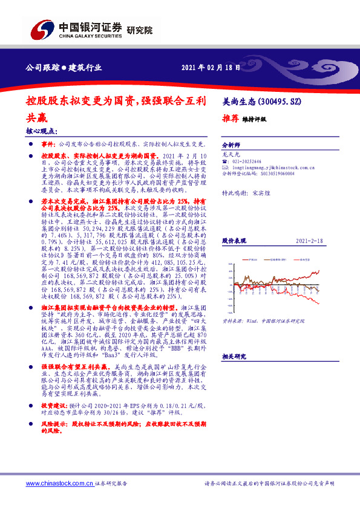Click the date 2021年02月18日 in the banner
point(206,68)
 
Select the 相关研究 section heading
point(235,357)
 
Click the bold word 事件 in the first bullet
point(48,145)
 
